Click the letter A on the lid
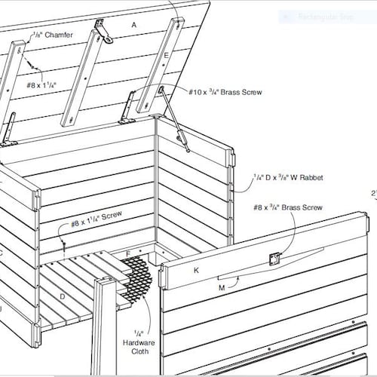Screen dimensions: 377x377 pyautogui.click(x=134, y=25)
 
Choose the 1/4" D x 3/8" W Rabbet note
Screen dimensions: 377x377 pyautogui.click(x=288, y=178)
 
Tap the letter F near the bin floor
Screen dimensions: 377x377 pyautogui.click(x=128, y=253)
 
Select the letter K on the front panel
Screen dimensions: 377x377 pyautogui.click(x=195, y=269)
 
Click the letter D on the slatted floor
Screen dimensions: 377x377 pyautogui.click(x=62, y=296)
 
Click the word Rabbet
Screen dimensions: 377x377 pyautogui.click(x=310, y=178)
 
